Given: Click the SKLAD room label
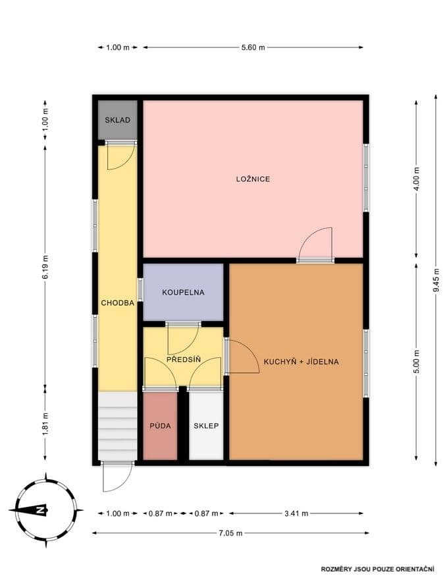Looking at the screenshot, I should pos(117,120).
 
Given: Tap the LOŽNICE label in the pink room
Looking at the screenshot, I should pos(253,179).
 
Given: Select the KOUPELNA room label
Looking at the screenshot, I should pos(183,292).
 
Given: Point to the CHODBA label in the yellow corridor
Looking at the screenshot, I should pos(117,303).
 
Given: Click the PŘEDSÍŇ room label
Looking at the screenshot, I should pos(183,360).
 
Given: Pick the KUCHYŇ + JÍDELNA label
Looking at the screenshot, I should pos(301,361).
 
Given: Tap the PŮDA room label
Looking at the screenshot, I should pos(160,426).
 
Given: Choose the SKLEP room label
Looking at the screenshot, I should pos(206,426).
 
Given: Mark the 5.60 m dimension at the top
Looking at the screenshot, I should pos(253,47).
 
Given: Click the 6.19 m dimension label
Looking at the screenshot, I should pos(45,267).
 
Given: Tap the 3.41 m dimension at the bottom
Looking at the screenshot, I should pos(296,513).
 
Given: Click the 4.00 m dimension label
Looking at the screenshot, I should pos(416,179).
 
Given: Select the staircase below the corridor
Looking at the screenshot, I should pos(117,426).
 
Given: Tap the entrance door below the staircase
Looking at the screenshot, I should pos(117,476).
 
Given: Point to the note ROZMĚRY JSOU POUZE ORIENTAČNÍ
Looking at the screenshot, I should pos(378,568).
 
